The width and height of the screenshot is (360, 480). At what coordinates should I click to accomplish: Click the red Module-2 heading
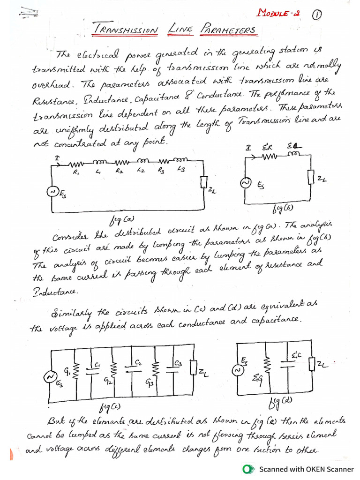click(279, 13)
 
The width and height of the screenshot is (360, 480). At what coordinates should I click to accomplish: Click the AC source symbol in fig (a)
click(54, 192)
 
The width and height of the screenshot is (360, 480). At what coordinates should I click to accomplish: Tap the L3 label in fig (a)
click(181, 170)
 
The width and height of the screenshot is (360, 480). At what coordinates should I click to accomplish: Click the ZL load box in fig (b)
click(310, 177)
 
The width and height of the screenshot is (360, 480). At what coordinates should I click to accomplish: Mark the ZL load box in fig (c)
click(193, 369)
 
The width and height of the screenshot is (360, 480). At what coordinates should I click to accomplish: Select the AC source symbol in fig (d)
click(237, 371)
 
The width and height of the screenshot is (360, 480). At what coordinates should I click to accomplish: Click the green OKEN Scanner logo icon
click(248, 469)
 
